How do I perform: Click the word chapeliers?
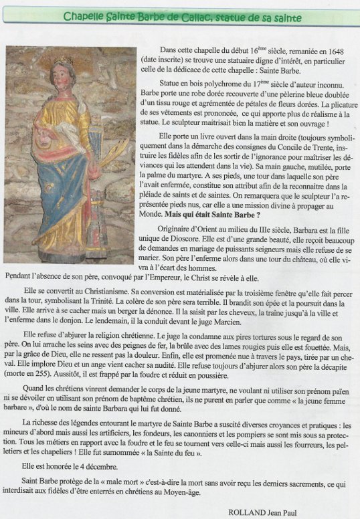pos(53,452)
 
